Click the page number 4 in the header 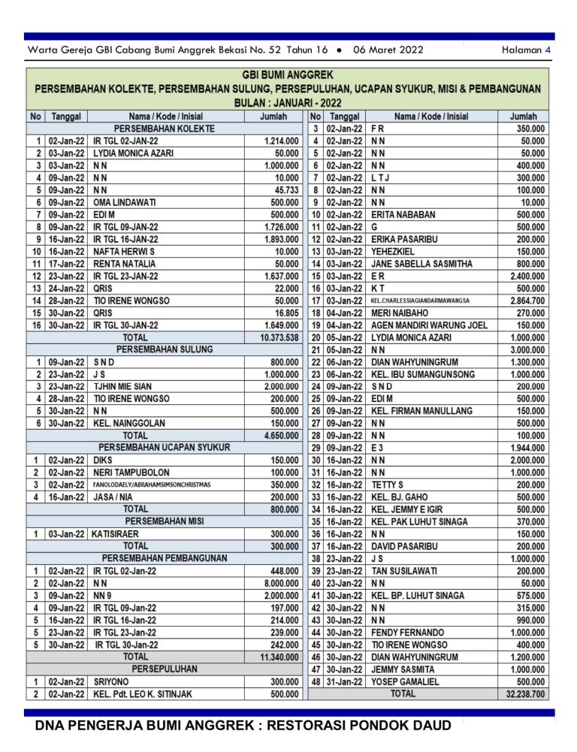(548, 50)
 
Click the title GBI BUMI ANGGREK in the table (288, 75)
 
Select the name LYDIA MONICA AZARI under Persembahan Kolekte (133, 153)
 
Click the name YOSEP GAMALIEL (406, 681)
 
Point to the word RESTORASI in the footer (315, 725)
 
